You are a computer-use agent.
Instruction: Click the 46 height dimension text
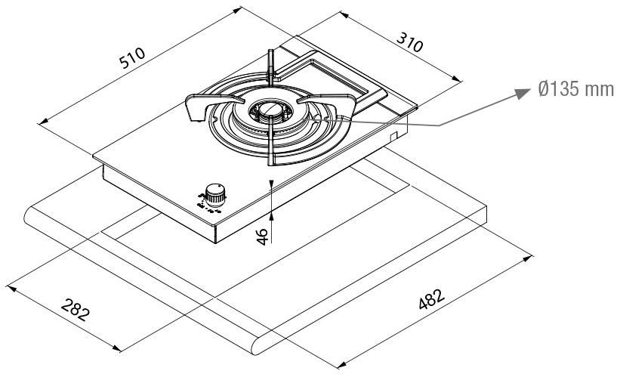261,236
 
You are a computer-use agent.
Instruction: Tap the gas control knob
217,194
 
